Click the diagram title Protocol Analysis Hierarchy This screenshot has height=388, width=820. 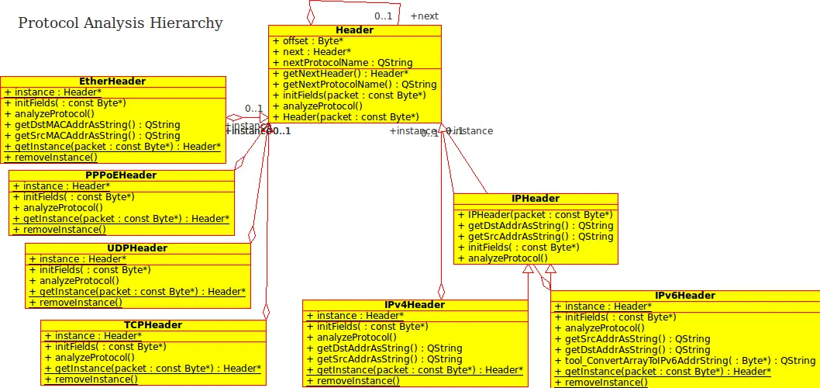coord(120,23)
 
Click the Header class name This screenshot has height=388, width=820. coord(355,30)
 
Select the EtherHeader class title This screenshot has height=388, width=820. coord(112,81)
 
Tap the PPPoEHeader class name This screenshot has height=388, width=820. coord(121,175)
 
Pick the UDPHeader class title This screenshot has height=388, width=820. coord(137,248)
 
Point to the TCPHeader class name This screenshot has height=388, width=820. coord(153,325)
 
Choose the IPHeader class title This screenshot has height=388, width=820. coord(536,199)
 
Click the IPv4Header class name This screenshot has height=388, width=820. coord(415,305)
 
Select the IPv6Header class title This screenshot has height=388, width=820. coord(685,296)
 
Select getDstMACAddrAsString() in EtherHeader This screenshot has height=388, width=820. coord(97,125)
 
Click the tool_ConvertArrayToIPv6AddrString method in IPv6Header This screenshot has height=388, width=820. coord(689,361)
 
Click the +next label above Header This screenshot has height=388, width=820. coord(424,16)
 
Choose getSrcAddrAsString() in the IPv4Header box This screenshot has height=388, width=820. coord(389,359)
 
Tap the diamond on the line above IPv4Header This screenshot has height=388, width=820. coord(442,291)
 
